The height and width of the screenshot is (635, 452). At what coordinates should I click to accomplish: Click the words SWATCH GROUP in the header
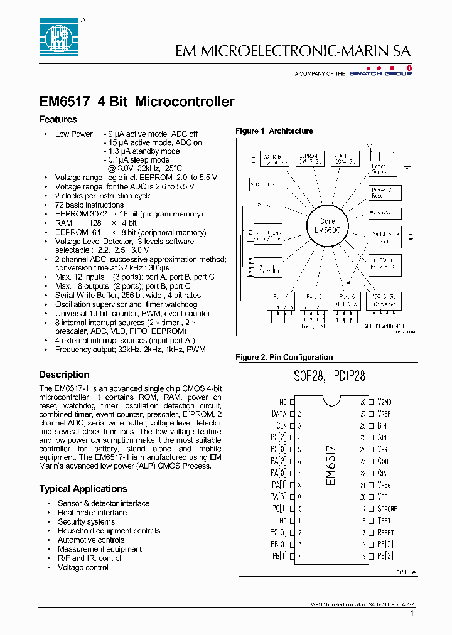(x=389, y=73)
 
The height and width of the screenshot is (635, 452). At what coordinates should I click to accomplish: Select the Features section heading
(x=58, y=119)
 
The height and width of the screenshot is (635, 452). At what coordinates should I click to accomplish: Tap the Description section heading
(x=64, y=375)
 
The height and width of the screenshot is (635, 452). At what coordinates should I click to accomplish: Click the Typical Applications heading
(x=83, y=489)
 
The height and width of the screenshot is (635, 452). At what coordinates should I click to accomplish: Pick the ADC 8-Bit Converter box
(x=384, y=300)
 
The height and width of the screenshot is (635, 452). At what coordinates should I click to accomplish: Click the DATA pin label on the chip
(x=279, y=414)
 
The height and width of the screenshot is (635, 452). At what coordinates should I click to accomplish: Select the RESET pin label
(x=386, y=532)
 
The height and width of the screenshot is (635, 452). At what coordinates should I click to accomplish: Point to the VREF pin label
(x=384, y=414)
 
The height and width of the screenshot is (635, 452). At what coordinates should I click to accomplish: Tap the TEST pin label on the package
(x=384, y=520)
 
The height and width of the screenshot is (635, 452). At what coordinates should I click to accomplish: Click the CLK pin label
(x=281, y=425)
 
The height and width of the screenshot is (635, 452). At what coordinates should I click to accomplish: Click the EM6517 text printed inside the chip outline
(x=332, y=464)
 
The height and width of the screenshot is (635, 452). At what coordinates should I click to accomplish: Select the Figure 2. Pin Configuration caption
(x=284, y=357)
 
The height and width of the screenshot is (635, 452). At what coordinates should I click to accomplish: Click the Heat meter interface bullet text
(x=92, y=513)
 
